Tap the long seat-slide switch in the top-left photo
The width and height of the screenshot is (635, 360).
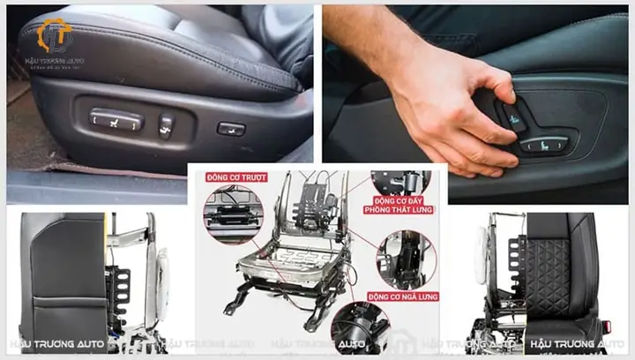[x=116, y=120]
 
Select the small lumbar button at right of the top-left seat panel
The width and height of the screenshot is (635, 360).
[x=231, y=129]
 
